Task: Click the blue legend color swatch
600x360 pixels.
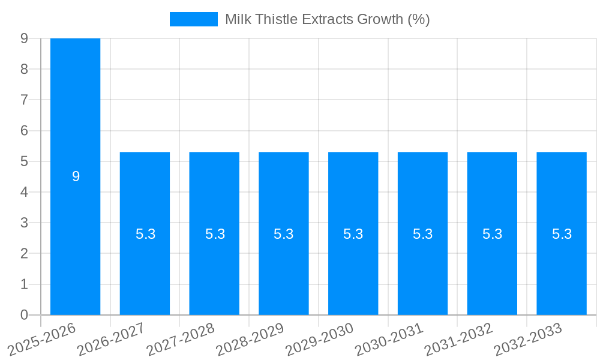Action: (193, 19)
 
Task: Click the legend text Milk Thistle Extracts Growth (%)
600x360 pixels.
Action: (328, 19)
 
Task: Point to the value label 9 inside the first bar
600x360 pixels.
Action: (76, 176)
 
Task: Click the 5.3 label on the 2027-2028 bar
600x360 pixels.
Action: (215, 234)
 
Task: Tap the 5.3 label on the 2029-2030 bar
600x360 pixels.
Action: (353, 234)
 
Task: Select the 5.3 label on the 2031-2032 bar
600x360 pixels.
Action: (492, 234)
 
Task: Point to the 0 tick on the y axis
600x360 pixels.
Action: (24, 315)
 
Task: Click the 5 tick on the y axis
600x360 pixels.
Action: (24, 161)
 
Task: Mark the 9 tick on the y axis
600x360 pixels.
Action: (24, 38)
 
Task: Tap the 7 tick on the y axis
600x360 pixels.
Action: (24, 100)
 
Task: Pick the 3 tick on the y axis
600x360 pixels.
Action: (24, 223)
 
